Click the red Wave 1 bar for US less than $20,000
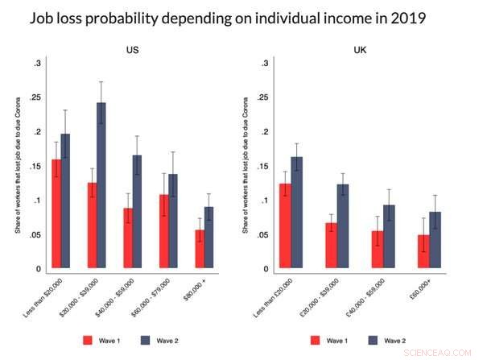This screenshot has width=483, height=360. pos(56,214)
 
